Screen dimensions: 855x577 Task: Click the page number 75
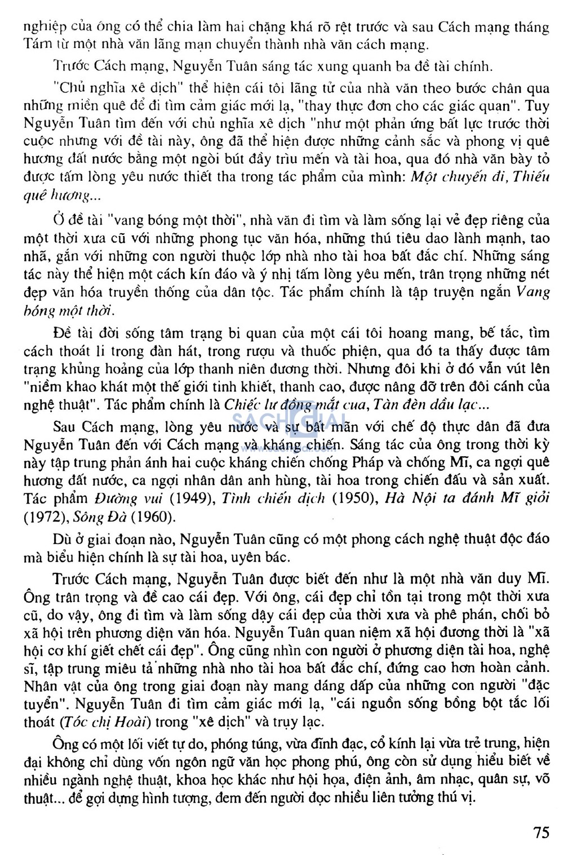[540, 832]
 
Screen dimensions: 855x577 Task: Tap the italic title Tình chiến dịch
[273, 498]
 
